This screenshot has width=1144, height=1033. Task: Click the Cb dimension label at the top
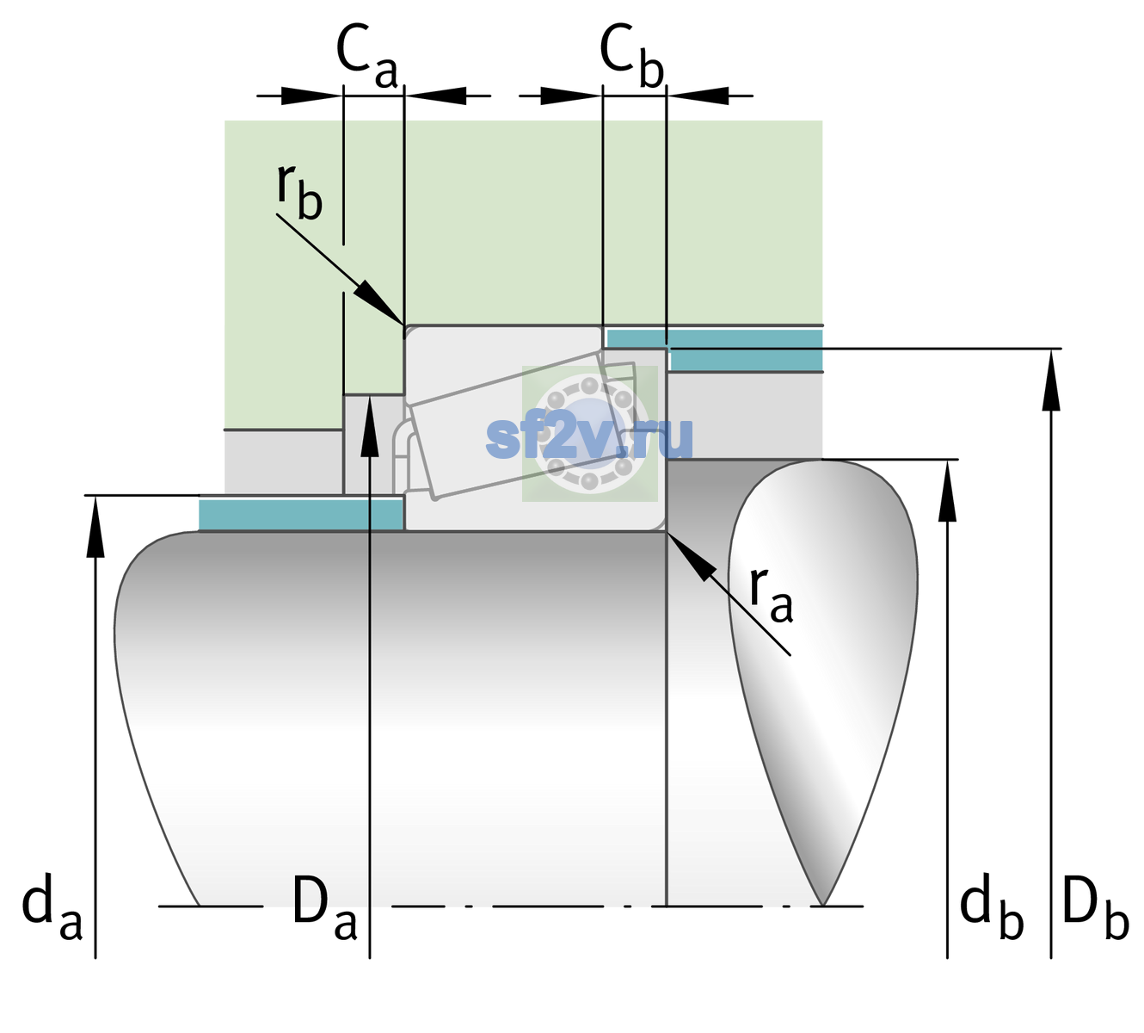tap(632, 56)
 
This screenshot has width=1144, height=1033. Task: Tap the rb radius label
tap(299, 191)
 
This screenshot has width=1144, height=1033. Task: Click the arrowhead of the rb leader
tap(378, 302)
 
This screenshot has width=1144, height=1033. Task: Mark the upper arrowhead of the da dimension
tap(95, 526)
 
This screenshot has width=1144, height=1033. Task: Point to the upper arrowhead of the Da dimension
tap(370, 425)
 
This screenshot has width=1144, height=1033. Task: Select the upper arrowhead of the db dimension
tap(947, 491)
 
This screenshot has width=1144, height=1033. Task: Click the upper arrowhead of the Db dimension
tap(1051, 380)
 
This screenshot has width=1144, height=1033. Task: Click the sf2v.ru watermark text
tap(590, 438)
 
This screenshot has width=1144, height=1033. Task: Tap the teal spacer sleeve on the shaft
tap(300, 515)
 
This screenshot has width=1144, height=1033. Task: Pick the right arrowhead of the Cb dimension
tap(698, 96)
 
